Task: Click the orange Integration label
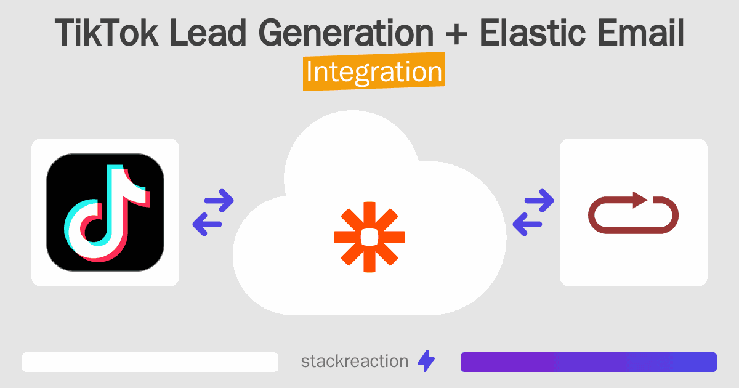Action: pos(374,72)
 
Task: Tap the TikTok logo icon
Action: pos(105,212)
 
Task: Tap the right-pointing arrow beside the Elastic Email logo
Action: pos(538,200)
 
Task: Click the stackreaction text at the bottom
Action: pos(354,361)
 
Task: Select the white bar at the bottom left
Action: pos(150,362)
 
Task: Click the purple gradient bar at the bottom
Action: pos(588,362)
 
